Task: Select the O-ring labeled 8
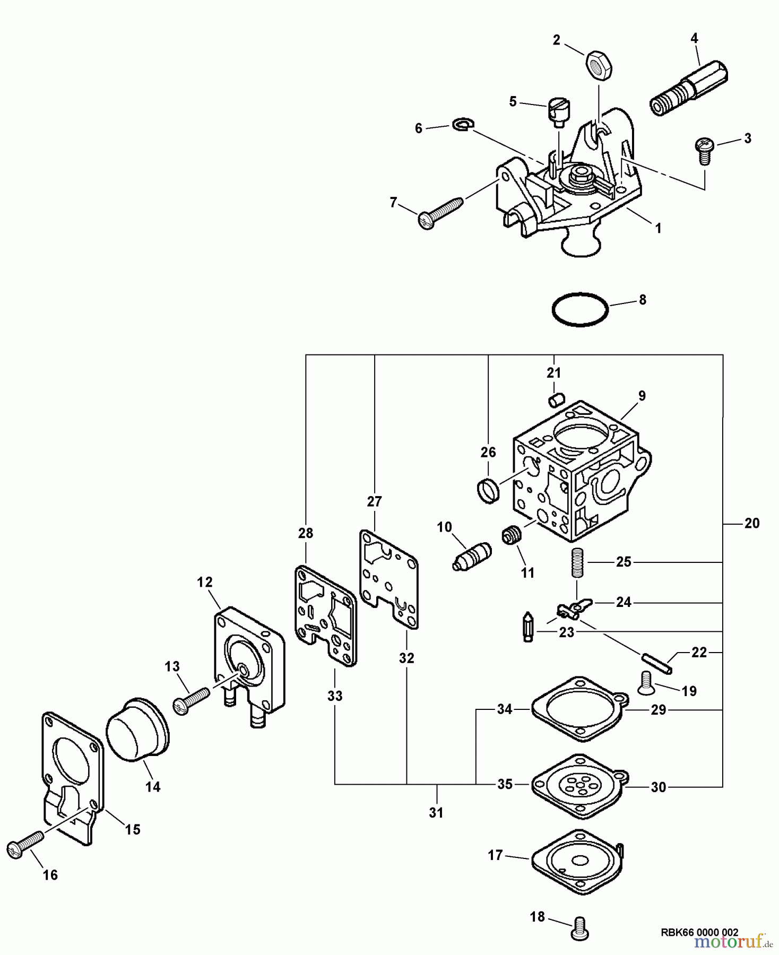(579, 309)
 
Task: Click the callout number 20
(751, 523)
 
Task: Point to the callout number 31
(436, 812)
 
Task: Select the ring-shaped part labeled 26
(489, 489)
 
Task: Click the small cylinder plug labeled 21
(556, 400)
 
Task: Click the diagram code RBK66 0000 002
(699, 932)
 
